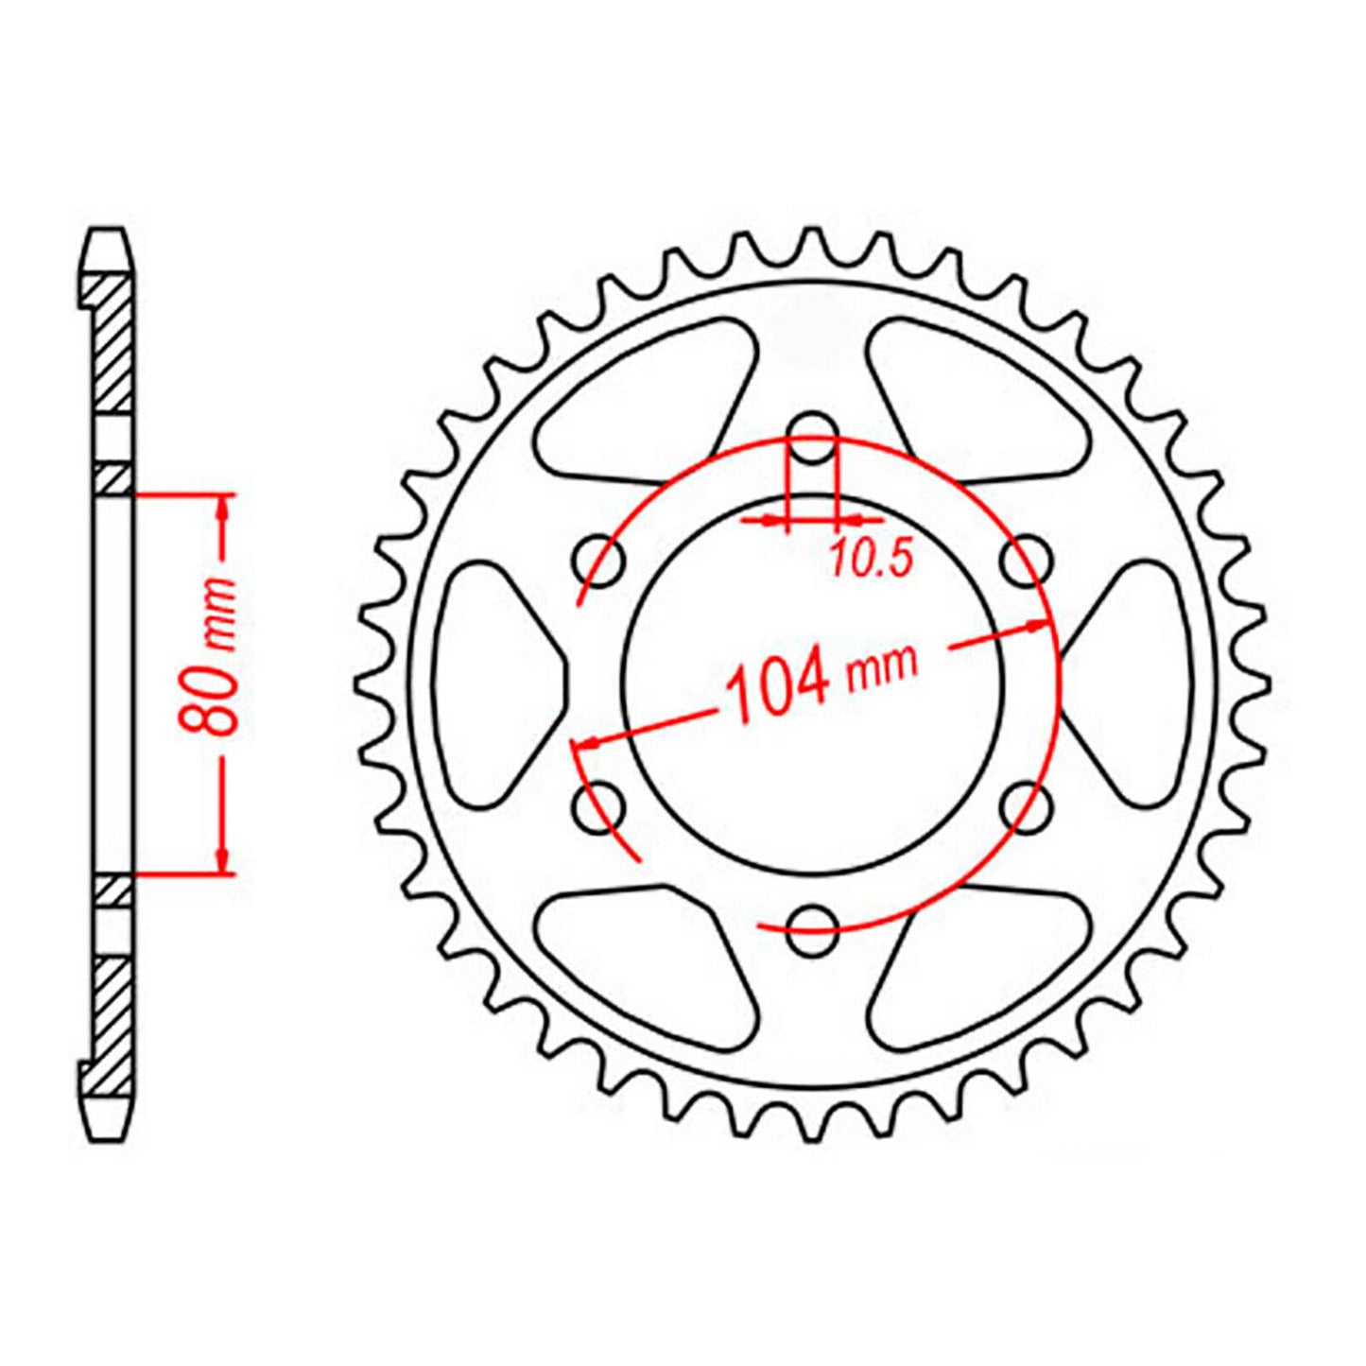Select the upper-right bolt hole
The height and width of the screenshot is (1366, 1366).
pos(1025,561)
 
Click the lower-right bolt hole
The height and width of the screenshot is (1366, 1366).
pos(1025,805)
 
